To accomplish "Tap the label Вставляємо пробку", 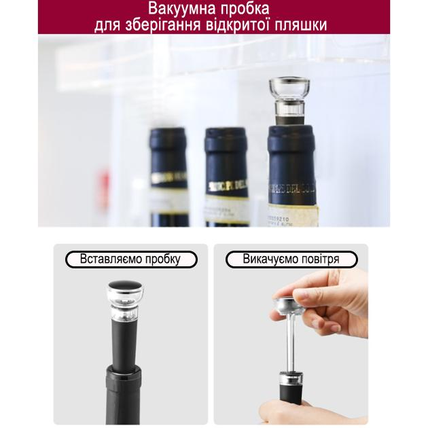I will (131, 260).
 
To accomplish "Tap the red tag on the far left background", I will (105, 184).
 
